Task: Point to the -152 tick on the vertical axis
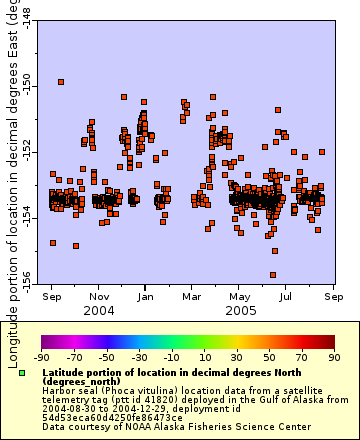[x=29, y=151]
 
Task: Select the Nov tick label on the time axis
[x=99, y=296]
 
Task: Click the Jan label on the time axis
[x=146, y=296]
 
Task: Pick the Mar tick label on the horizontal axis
[x=192, y=296]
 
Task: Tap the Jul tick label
[x=286, y=296]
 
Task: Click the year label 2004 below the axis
[x=99, y=310]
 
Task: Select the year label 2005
[x=239, y=310]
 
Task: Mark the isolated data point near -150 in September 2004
[x=61, y=82]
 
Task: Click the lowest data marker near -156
[x=273, y=275]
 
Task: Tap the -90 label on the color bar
[x=41, y=356]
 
